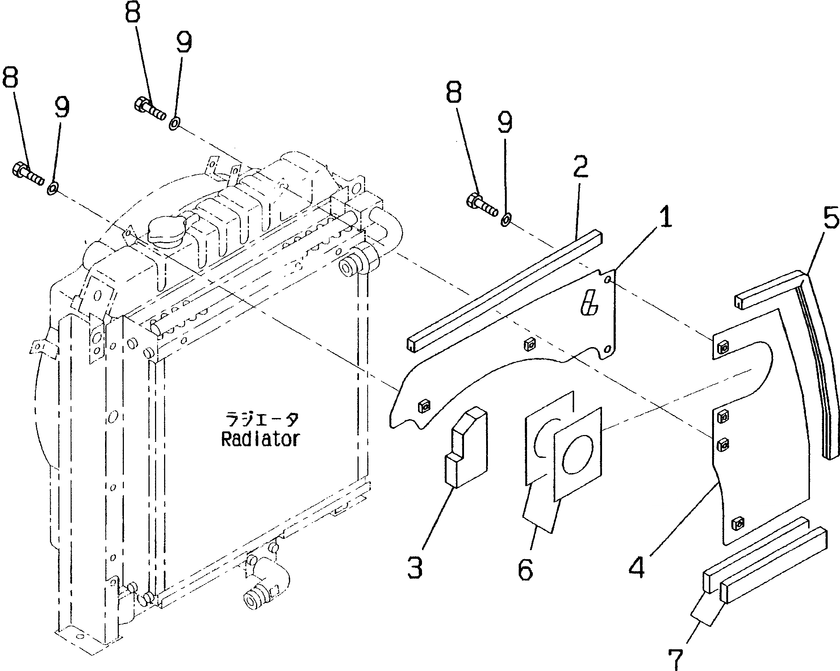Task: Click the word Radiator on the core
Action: coord(260,439)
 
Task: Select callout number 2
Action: coord(580,166)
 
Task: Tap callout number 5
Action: coord(830,218)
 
